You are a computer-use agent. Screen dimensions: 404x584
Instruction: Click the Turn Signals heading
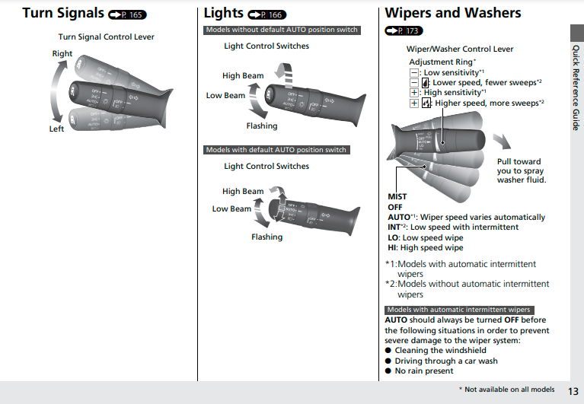coord(63,14)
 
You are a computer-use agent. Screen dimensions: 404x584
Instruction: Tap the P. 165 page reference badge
coord(127,14)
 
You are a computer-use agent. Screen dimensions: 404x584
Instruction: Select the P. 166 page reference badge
coord(267,14)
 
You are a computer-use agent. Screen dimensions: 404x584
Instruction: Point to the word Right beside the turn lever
coord(62,54)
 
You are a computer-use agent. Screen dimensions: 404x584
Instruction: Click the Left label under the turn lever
coord(57,129)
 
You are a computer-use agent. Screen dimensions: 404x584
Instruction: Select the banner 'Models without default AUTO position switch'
coord(281,30)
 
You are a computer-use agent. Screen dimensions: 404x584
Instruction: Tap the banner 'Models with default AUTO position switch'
coord(276,150)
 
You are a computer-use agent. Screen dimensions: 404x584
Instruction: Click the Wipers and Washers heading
coord(453,14)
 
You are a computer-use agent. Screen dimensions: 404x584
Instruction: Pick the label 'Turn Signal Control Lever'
coord(106,37)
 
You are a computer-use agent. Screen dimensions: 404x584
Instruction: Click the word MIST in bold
coord(397,197)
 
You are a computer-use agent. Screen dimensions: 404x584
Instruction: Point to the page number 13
coord(573,390)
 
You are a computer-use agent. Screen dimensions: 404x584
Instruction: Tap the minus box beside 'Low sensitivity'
coord(414,73)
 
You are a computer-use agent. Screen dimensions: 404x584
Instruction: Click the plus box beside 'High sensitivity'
coord(414,93)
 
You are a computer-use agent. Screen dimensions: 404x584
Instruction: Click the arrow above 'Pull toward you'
coord(501,142)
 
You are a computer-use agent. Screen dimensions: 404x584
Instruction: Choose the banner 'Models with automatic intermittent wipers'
coord(458,310)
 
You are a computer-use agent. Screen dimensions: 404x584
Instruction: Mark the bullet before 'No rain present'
coord(388,371)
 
